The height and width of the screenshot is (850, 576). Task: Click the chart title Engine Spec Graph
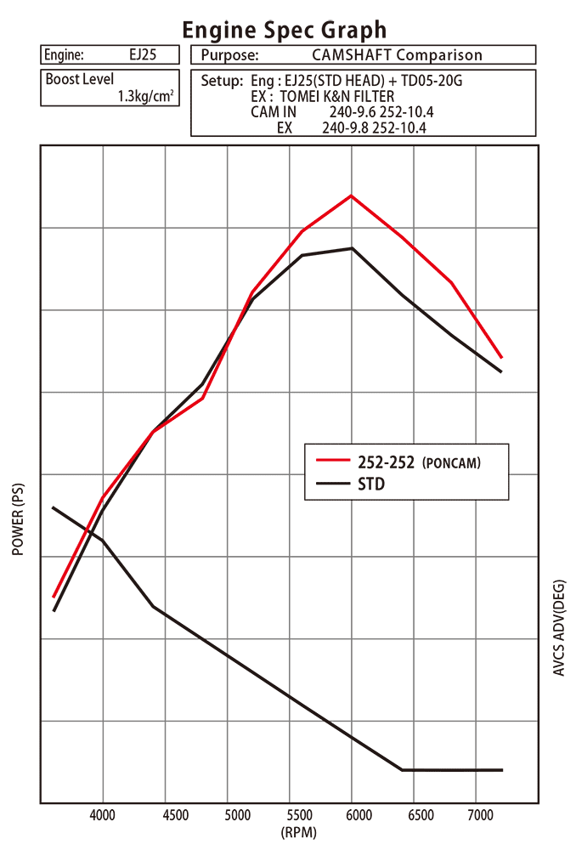click(285, 30)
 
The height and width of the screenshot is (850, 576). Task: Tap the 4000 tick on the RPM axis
click(103, 815)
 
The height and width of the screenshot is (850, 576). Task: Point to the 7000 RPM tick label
click(480, 815)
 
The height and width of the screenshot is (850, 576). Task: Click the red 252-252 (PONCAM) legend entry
click(398, 462)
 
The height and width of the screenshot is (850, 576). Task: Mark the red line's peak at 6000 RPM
click(352, 195)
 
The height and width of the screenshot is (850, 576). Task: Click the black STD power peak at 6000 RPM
click(352, 248)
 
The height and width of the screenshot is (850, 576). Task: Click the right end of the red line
click(501, 357)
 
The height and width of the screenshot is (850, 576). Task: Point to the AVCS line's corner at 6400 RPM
click(402, 770)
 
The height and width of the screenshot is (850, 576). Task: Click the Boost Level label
click(79, 80)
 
